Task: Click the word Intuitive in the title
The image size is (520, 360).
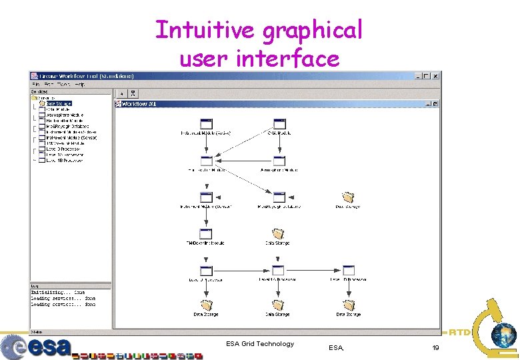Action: (205, 30)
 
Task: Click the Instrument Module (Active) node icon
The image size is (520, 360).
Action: (207, 124)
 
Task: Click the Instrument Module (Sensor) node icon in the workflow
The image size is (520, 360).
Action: (206, 197)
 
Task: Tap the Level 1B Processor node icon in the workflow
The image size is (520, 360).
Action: (348, 271)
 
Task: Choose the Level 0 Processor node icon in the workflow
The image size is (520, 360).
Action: (206, 271)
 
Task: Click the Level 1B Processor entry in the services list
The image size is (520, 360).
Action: (64, 161)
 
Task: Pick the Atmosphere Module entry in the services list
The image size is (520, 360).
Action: (65, 115)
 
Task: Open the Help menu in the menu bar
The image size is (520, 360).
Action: (80, 85)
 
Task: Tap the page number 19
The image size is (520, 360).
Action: (435, 348)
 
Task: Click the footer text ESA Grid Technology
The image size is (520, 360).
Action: (259, 344)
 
